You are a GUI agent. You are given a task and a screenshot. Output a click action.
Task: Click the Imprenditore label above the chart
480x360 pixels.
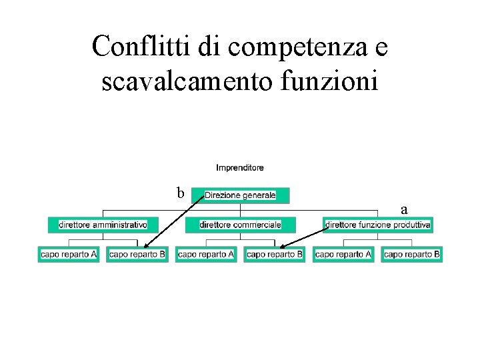coord(240,167)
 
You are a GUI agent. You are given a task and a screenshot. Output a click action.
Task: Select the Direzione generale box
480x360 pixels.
coord(241,195)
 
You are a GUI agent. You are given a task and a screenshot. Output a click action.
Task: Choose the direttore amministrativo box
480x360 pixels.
coord(103,225)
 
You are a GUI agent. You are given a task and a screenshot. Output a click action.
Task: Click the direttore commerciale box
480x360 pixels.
coord(240,225)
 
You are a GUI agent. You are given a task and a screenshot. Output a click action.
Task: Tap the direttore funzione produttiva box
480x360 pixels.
coord(378,225)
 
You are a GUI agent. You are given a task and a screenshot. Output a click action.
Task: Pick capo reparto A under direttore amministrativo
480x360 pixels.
coord(69,254)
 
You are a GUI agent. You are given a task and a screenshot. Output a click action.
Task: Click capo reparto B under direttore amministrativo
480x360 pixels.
coord(137,254)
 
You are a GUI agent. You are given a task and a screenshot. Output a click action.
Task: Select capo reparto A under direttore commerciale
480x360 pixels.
coord(206,254)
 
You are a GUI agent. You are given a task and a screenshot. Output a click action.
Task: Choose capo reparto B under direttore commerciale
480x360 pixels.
coord(275,254)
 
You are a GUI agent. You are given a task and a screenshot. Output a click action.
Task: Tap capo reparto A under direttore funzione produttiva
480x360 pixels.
coord(343,254)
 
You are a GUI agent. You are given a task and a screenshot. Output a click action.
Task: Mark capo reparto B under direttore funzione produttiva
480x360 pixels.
coord(412,254)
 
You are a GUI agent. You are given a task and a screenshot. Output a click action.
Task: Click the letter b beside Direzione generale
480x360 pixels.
coord(180,193)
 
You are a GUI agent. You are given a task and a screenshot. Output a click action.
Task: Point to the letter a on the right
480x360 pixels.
coord(404,209)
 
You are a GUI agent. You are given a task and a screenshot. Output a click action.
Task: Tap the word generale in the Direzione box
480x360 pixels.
coord(259,195)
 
